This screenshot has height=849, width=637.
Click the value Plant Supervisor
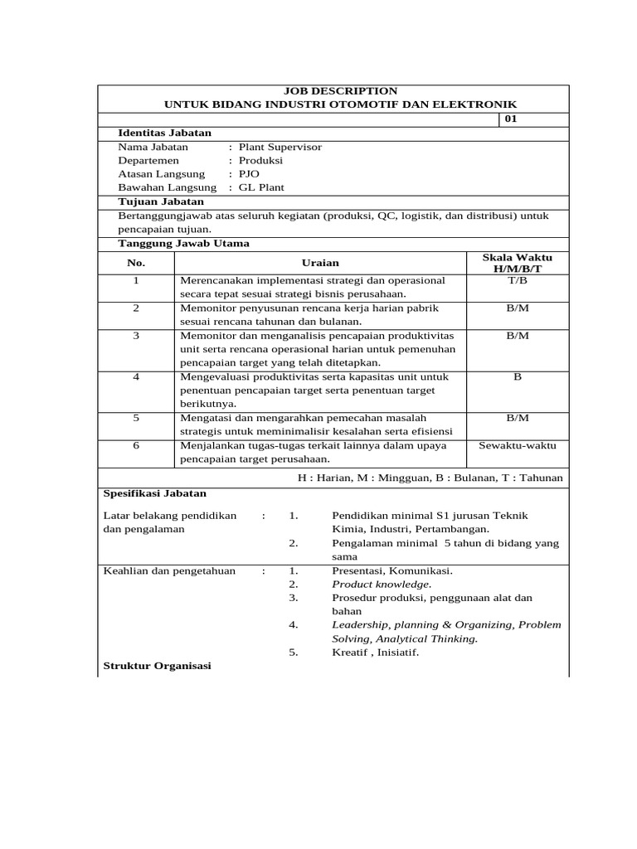[280, 147]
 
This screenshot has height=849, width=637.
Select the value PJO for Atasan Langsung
[249, 174]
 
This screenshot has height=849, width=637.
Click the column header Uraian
[320, 263]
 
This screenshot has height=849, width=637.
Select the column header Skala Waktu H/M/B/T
[517, 263]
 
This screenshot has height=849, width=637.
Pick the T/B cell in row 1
[517, 280]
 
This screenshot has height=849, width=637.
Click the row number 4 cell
[136, 376]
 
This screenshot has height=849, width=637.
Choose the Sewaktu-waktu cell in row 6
[517, 445]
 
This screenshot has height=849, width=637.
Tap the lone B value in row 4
[517, 376]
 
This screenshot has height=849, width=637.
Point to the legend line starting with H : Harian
[430, 478]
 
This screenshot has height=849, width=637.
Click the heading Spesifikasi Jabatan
[154, 493]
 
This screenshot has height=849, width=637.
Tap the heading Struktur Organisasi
[157, 666]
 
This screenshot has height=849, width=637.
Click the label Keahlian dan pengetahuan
[168, 570]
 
